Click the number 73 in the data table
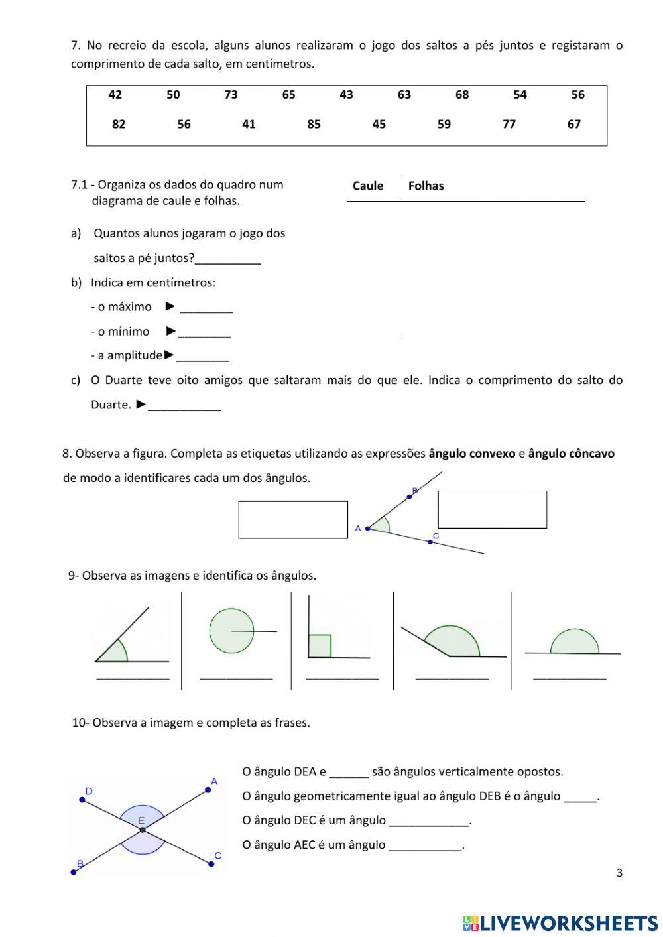[x=231, y=95]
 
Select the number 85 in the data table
[x=314, y=124]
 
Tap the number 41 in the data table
[x=249, y=124]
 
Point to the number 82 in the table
[x=119, y=124]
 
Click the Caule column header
[x=368, y=186]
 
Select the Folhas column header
[x=426, y=186]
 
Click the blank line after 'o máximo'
[x=206, y=309]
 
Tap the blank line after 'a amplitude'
[x=202, y=358]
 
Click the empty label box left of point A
[x=293, y=519]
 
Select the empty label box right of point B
[x=492, y=509]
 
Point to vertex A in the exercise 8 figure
[x=367, y=529]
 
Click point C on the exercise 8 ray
[x=430, y=542]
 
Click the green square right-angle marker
[x=320, y=646]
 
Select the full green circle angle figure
[x=231, y=631]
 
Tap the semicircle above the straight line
[x=574, y=642]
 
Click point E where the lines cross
[x=143, y=830]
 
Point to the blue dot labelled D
[x=82, y=800]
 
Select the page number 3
[x=619, y=873]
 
